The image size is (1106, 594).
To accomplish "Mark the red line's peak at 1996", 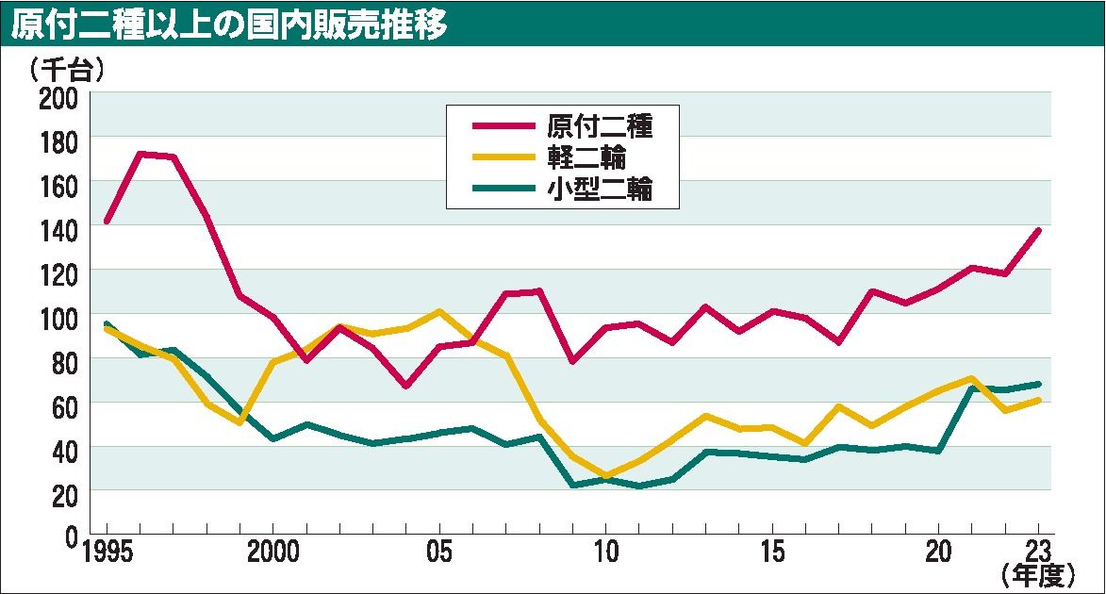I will [x=140, y=154].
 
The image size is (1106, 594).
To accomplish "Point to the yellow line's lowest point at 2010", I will [x=605, y=477].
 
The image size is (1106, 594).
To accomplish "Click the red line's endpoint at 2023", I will [x=1037, y=230].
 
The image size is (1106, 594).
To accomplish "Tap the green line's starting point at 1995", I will [x=107, y=324].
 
